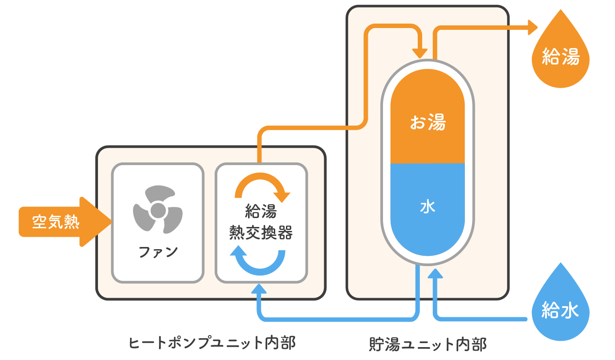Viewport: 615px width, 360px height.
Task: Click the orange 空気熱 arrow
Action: coord(62,222)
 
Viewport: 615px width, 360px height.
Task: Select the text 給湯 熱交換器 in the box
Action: coord(261,222)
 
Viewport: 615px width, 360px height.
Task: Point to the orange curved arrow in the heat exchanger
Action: coord(262,185)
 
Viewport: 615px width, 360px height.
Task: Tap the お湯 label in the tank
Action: coord(428,123)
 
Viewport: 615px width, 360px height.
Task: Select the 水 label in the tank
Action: coord(428,207)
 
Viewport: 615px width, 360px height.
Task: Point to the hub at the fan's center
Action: coord(157,210)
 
